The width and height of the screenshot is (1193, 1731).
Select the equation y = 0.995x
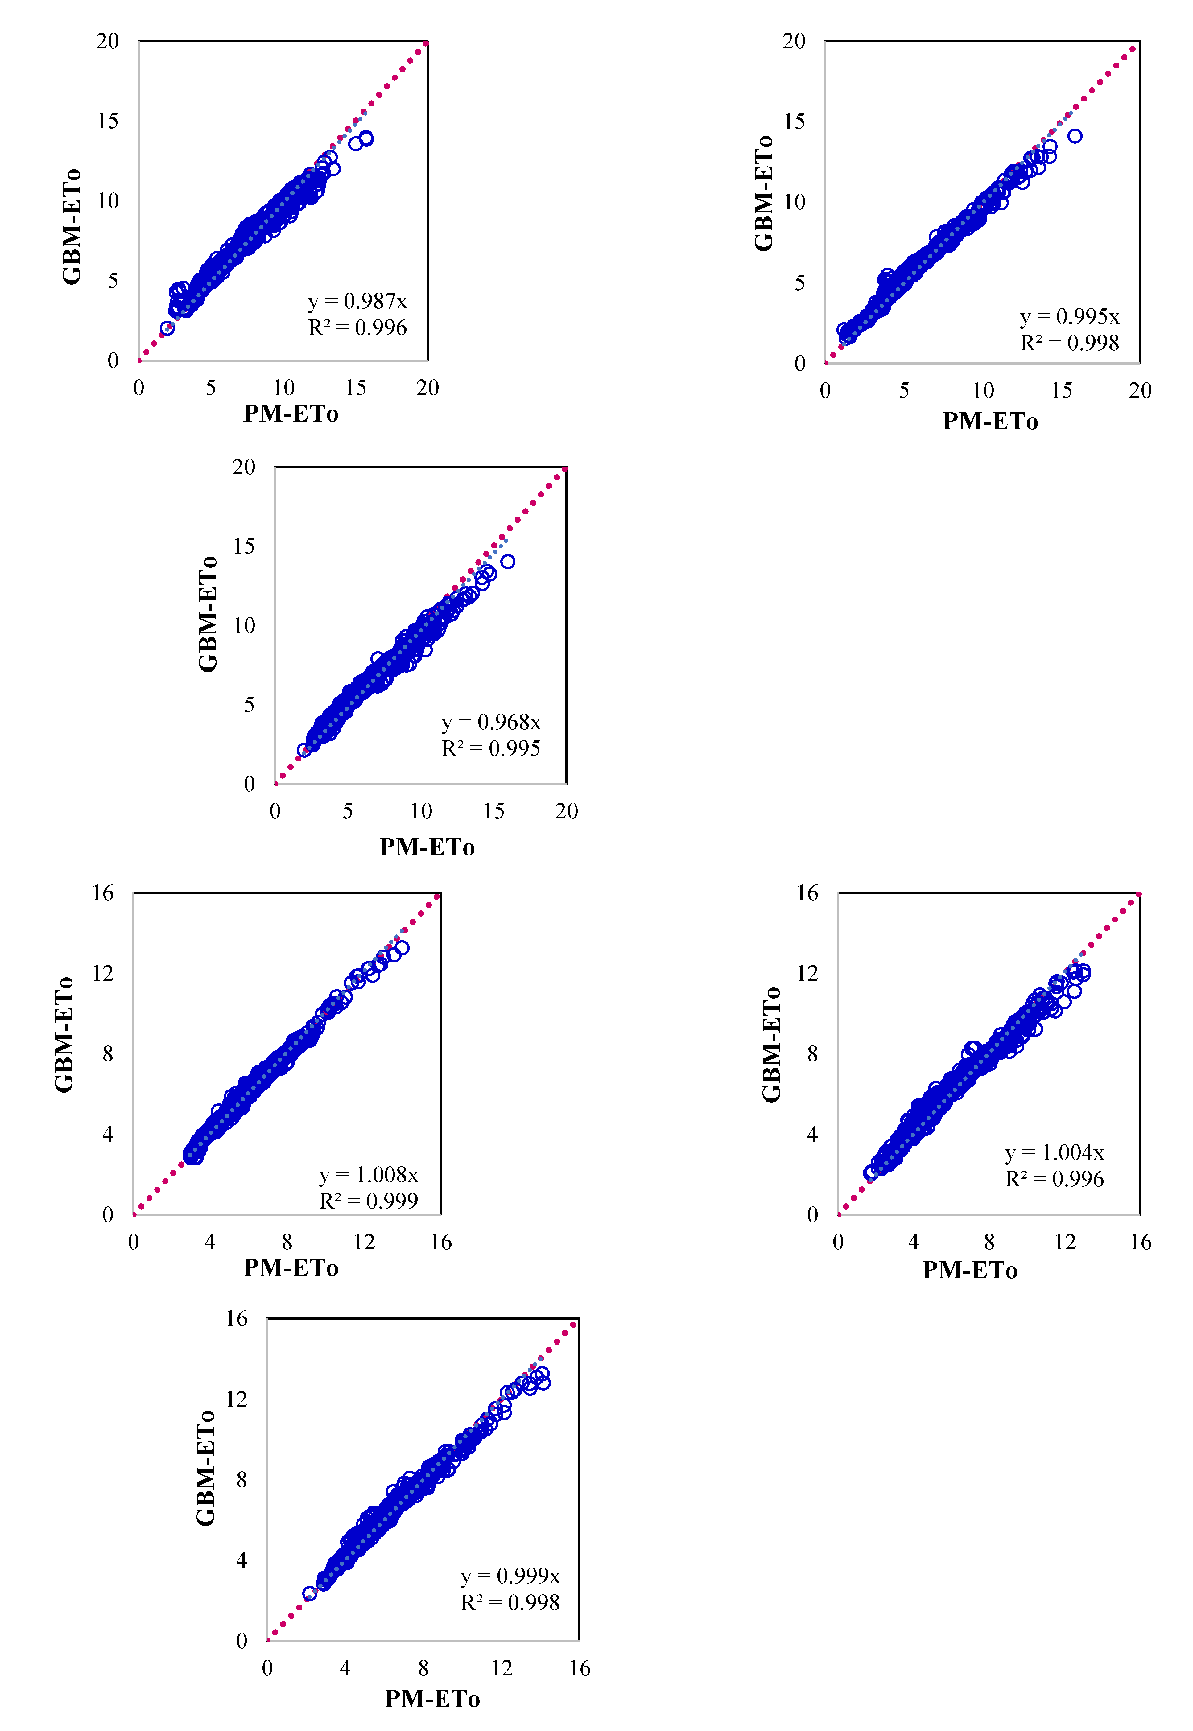1070,317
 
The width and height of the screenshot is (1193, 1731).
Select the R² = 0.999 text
369,1201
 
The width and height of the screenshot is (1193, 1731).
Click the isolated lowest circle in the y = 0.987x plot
167,328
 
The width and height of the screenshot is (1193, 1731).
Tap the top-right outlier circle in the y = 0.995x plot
1075,136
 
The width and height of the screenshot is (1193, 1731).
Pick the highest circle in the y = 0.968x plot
508,561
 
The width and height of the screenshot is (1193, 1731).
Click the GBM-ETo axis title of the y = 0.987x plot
72,226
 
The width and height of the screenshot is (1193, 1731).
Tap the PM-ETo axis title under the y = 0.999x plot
432,1699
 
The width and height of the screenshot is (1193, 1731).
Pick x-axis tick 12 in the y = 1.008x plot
364,1242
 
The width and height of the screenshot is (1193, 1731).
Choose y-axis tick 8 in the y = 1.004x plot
812,1054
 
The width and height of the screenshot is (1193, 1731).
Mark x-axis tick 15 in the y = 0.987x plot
356,388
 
